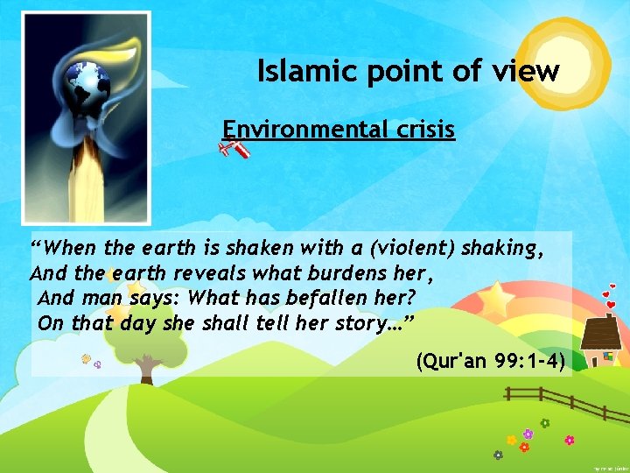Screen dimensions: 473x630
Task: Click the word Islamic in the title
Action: tap(298, 71)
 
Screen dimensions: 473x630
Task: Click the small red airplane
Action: tap(235, 151)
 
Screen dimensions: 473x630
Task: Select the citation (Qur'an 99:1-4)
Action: tap(490, 360)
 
